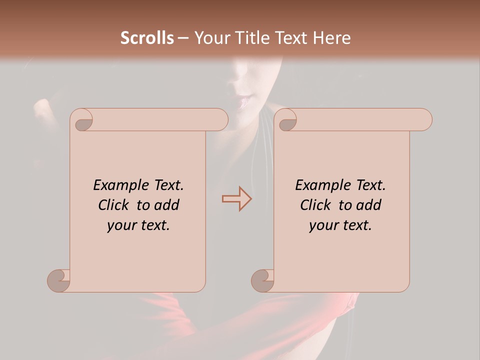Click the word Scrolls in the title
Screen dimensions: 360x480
[x=147, y=38]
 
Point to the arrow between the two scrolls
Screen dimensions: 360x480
[x=236, y=198]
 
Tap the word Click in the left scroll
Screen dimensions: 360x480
[x=113, y=205]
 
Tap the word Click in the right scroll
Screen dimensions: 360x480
[x=315, y=205]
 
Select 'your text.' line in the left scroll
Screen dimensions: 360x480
[x=138, y=225]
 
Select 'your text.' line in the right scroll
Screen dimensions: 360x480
[x=340, y=225]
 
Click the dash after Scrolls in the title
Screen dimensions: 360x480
[x=183, y=38]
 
